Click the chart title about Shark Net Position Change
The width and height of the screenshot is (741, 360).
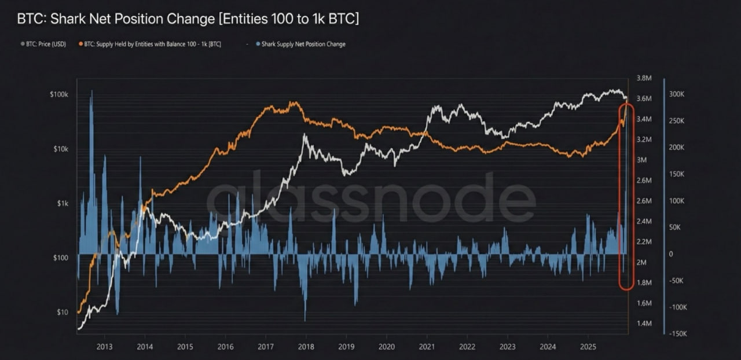[188, 19]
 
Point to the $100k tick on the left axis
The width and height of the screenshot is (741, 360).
[58, 94]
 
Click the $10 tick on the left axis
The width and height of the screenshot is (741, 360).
[63, 313]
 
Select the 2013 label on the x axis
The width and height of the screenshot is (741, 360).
[104, 347]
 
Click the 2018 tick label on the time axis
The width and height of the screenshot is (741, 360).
[306, 347]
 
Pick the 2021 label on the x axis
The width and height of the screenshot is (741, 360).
[427, 347]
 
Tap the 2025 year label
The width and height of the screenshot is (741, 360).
[588, 347]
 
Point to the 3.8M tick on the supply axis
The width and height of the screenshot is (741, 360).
[644, 78]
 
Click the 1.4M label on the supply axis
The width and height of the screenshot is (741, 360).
[644, 324]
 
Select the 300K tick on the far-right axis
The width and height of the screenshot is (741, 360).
[677, 94]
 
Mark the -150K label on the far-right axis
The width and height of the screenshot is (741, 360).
[676, 334]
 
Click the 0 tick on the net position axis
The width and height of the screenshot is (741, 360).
[671, 254]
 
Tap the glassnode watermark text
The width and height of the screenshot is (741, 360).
[370, 197]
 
